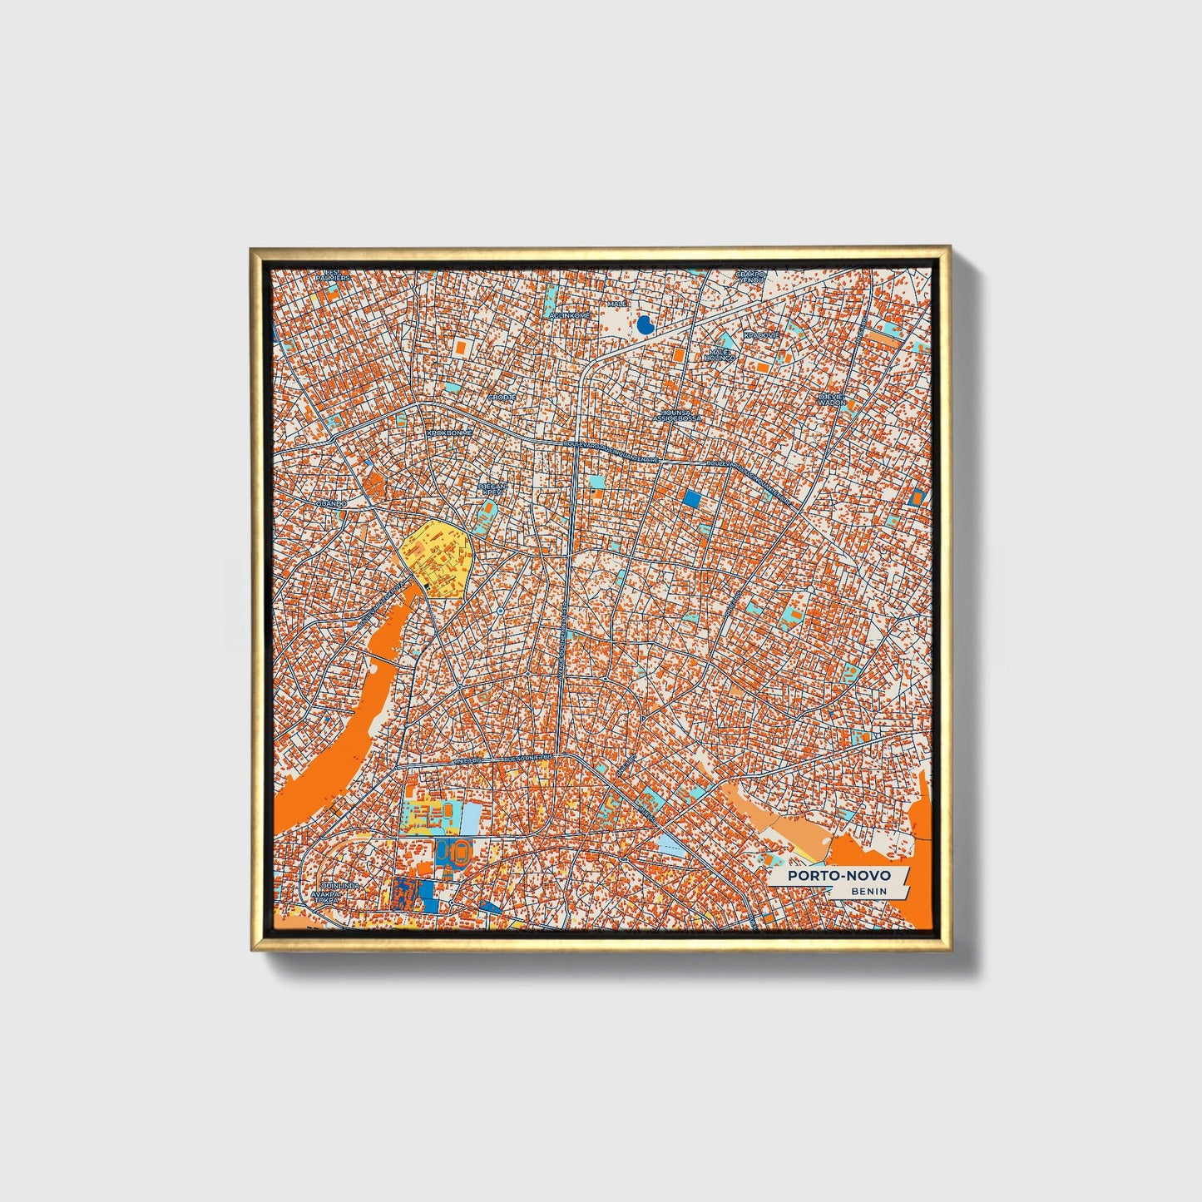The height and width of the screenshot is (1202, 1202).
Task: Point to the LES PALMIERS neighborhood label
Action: pos(333,275)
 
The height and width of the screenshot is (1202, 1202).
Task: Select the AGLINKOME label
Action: pos(571,316)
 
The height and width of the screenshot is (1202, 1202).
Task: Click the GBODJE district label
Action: pos(502,398)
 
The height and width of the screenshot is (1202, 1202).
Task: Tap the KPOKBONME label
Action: pos(449,433)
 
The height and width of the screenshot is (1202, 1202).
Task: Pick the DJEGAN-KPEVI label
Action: pos(492,489)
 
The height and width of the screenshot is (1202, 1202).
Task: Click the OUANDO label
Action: pos(331,504)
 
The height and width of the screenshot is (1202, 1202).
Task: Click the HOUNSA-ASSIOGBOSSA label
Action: pos(677,414)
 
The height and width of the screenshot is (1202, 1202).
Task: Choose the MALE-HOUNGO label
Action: pos(720,355)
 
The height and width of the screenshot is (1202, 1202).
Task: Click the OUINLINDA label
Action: pos(340,887)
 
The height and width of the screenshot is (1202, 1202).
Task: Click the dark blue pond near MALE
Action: pos(644,325)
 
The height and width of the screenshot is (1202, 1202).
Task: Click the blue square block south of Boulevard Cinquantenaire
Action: pos(691,499)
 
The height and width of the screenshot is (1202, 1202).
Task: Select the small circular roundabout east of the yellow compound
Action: pos(500,611)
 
